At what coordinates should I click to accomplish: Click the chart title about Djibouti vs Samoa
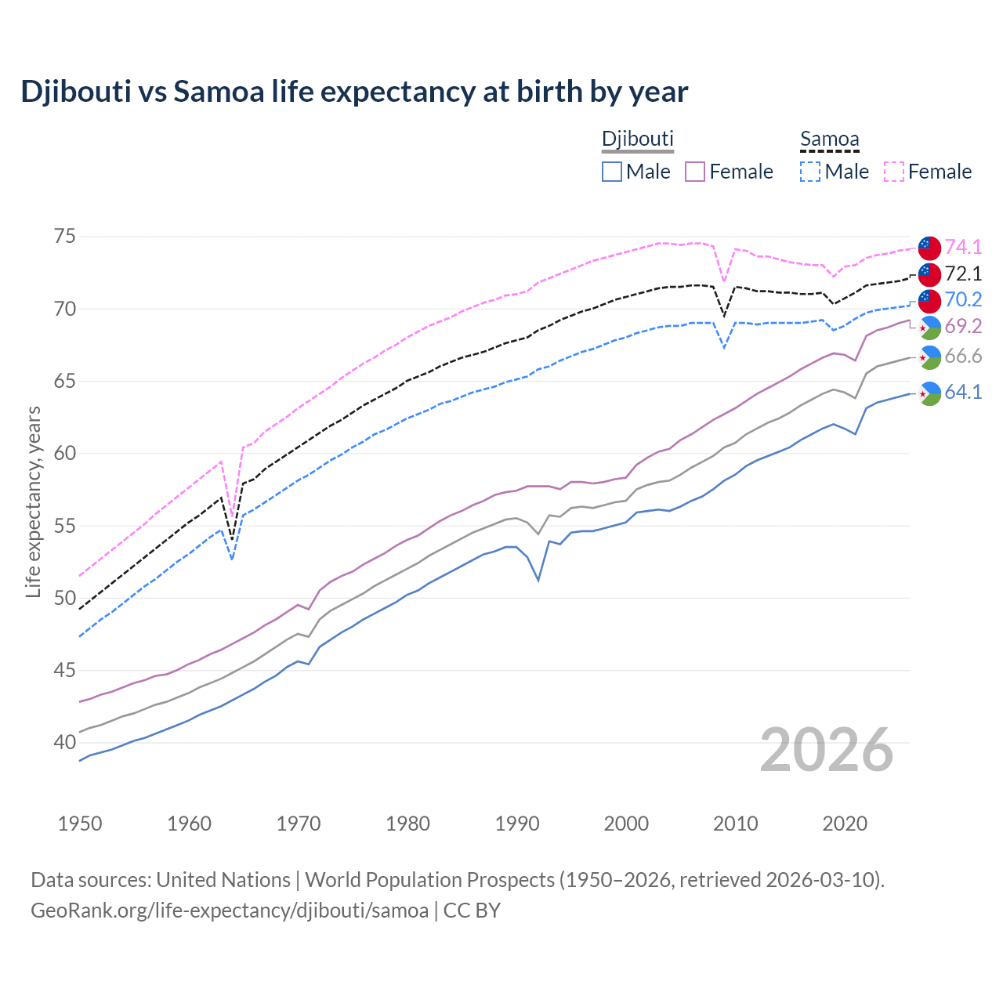point(354,92)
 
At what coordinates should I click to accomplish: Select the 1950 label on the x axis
point(80,824)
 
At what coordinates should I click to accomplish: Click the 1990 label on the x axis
point(516,824)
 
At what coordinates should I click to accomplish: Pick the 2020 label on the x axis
point(844,824)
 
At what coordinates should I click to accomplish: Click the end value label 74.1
point(963,247)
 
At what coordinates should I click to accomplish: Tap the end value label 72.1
point(963,273)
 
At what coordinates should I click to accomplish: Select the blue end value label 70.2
point(963,299)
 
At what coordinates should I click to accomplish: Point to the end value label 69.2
point(963,326)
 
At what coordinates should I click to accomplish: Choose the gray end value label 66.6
point(963,357)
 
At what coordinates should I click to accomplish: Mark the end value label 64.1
point(963,392)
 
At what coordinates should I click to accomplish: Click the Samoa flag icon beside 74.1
point(929,247)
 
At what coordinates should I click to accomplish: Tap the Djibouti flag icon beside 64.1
point(929,393)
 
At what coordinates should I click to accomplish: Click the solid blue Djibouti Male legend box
point(612,172)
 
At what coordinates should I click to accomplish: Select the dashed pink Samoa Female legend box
point(894,172)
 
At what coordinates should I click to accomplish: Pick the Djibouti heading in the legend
point(637,139)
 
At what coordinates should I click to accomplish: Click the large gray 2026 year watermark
point(827,750)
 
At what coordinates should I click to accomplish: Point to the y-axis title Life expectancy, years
point(34,501)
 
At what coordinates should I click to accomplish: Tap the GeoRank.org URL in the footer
point(230,911)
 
